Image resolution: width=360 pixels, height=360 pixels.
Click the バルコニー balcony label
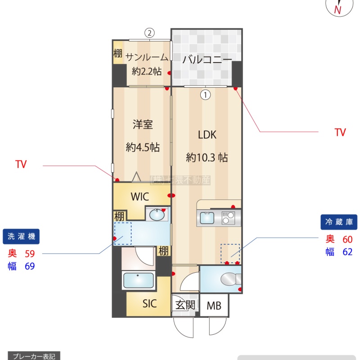(207, 60)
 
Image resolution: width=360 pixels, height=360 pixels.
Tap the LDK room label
(207, 135)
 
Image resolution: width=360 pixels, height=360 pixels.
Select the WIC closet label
(140, 197)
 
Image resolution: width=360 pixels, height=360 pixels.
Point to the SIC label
(149, 303)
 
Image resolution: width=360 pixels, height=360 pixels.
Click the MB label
(214, 306)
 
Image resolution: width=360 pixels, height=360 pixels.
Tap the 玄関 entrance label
(185, 305)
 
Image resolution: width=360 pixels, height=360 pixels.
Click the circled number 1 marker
(205, 94)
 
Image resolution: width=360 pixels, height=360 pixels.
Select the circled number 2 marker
(149, 33)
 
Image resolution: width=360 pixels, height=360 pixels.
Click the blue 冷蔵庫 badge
(339, 222)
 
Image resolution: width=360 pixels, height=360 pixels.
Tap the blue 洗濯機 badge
(21, 237)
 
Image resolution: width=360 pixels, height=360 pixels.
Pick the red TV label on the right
(340, 132)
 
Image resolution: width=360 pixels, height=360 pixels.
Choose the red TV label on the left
(21, 164)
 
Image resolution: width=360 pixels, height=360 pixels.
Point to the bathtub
(139, 280)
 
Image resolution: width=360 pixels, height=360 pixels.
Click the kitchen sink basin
(207, 218)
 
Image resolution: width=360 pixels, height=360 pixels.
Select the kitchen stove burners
(228, 218)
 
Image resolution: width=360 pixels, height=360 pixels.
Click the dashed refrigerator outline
(230, 253)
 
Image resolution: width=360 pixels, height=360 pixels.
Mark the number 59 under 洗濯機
(30, 254)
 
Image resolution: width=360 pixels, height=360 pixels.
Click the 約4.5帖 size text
(143, 147)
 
